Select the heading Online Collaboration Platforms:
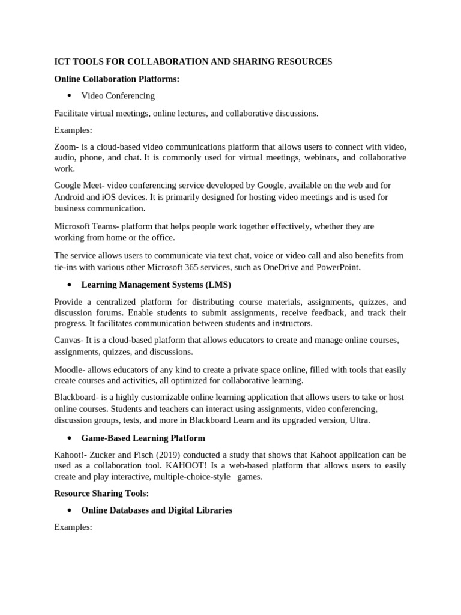(x=116, y=79)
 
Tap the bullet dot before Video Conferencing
(x=70, y=95)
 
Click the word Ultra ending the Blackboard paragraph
(x=358, y=420)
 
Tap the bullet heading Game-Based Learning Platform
(x=143, y=438)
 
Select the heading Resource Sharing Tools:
(x=101, y=493)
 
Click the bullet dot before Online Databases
(x=70, y=510)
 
